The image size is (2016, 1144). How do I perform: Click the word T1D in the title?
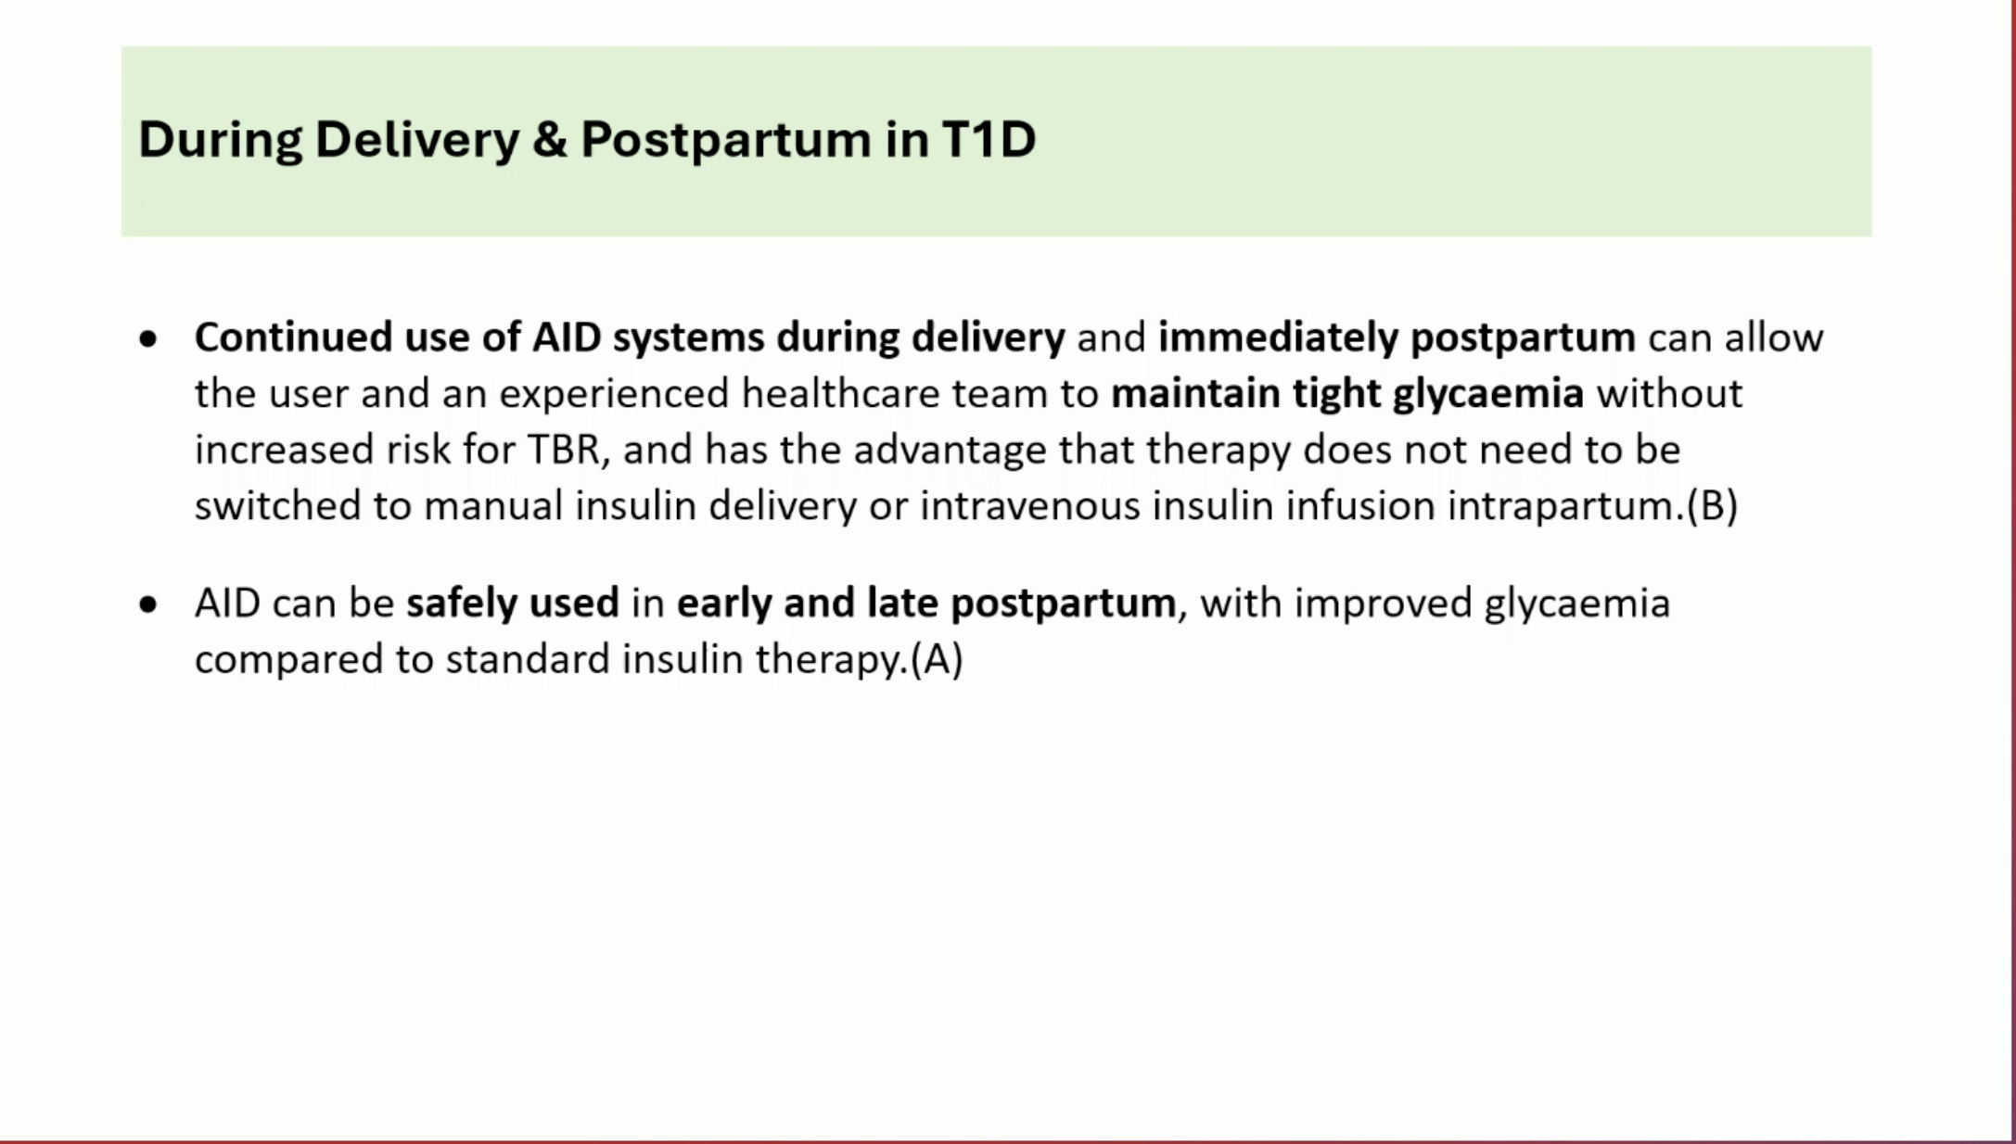pos(989,139)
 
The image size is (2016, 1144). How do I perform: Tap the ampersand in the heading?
pos(550,139)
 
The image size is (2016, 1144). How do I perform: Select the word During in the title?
pos(220,141)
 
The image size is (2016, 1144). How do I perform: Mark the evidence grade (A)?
pos(937,660)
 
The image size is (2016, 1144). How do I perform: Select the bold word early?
pos(723,604)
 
